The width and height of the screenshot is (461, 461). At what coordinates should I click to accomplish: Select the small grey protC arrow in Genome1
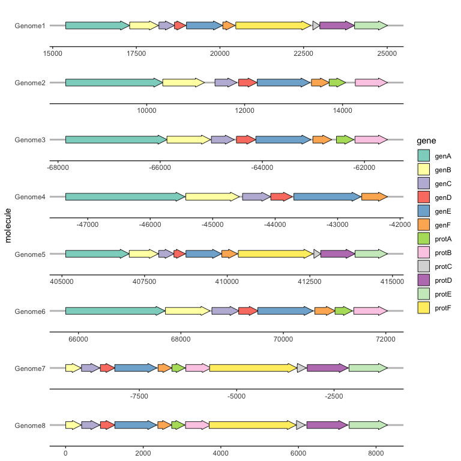[x=316, y=25]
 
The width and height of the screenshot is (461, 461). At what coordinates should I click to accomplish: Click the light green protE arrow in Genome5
[x=371, y=254]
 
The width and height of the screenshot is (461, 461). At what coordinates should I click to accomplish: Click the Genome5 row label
[x=30, y=254]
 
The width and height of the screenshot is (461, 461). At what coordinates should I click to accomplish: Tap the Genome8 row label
[x=30, y=425]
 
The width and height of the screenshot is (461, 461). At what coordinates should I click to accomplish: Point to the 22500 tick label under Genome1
[x=303, y=53]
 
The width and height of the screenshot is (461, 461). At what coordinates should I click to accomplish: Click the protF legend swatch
[x=424, y=307]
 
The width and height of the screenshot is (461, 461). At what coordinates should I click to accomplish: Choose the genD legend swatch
[x=424, y=197]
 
